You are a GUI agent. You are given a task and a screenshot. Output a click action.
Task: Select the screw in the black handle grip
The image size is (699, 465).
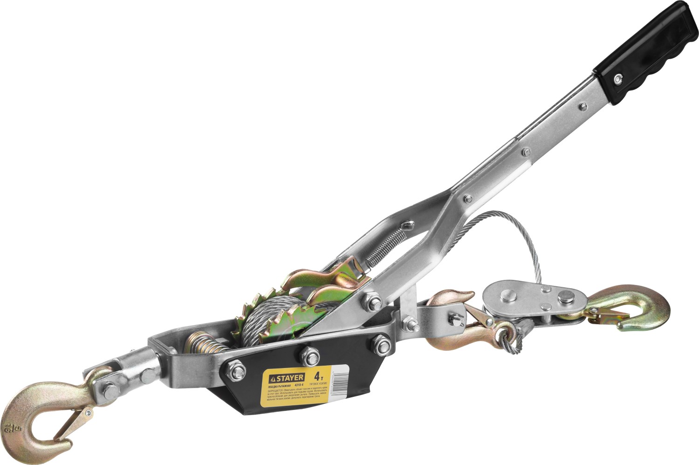[618, 78]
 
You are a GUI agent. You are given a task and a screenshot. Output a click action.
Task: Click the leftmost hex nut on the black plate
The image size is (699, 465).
[237, 371]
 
